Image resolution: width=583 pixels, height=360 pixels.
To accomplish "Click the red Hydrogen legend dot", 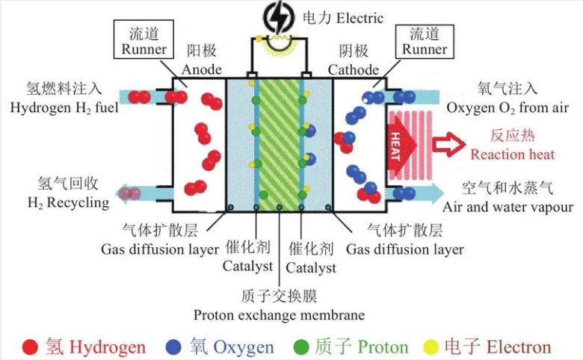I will [31, 347].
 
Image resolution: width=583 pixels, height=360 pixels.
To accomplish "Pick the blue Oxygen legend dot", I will [175, 347].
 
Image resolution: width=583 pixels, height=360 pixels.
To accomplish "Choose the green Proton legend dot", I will [302, 347].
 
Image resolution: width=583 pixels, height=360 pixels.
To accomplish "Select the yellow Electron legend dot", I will [432, 347].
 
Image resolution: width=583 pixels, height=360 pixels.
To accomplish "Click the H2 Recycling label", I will [67, 202].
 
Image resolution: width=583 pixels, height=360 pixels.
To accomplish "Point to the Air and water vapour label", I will [508, 206].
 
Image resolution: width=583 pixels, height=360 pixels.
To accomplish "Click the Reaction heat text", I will [512, 155].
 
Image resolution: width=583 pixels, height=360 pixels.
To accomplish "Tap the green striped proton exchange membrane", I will [279, 142].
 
